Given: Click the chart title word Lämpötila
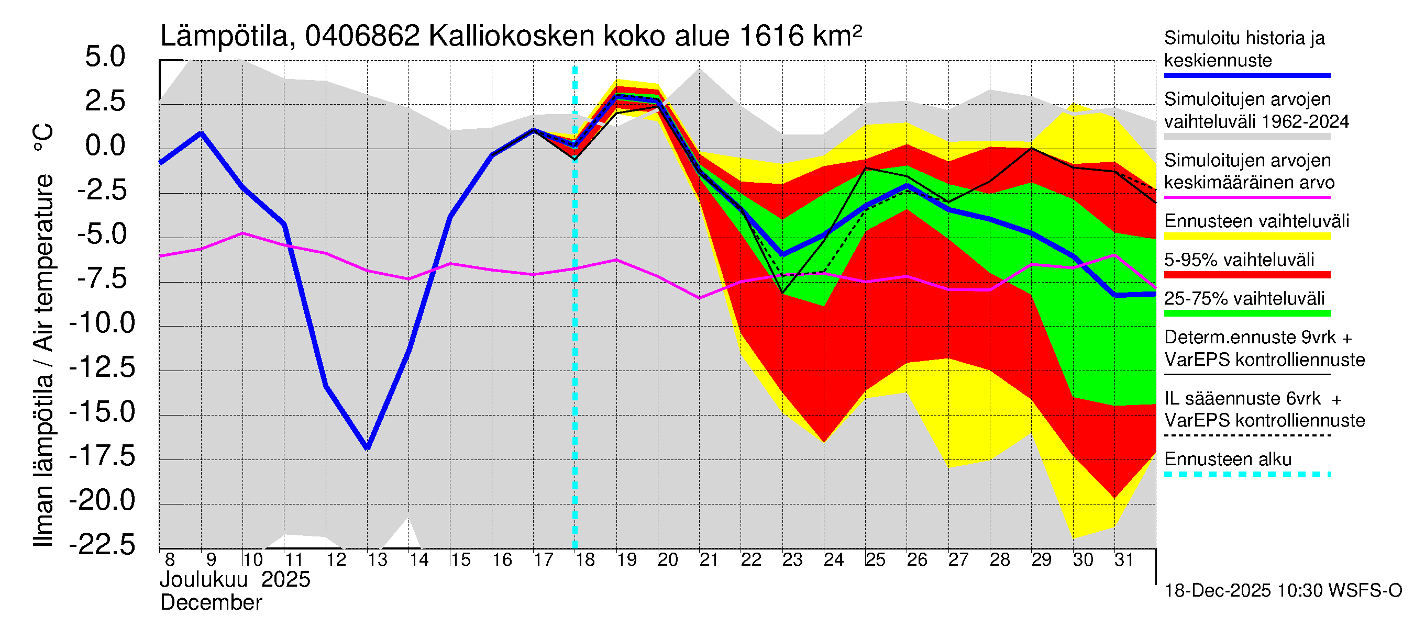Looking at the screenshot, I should (224, 36).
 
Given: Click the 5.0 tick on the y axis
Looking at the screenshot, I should (105, 57).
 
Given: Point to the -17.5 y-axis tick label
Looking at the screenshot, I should (102, 456).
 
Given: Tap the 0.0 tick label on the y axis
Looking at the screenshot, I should (105, 146).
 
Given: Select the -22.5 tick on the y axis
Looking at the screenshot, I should (102, 545).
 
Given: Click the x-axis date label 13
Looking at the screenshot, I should (377, 560).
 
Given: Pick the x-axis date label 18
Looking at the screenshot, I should (585, 560).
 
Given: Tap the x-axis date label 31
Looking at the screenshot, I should (1124, 560).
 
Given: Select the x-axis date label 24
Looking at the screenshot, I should (834, 560).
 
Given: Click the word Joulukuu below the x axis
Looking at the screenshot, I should (204, 580).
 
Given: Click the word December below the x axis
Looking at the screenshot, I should (211, 603).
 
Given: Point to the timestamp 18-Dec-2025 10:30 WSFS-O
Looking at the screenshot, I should (1283, 591).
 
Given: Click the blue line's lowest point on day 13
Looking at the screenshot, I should (368, 448).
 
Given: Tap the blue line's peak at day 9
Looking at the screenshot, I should (202, 133).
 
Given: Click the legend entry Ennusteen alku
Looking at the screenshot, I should (1228, 459).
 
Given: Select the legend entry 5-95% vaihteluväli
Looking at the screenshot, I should (1239, 260).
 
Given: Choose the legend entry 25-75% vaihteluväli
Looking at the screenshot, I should (1244, 299).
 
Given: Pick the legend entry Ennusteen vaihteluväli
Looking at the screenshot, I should (1256, 221).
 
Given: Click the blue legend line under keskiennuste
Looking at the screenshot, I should (1247, 75).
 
